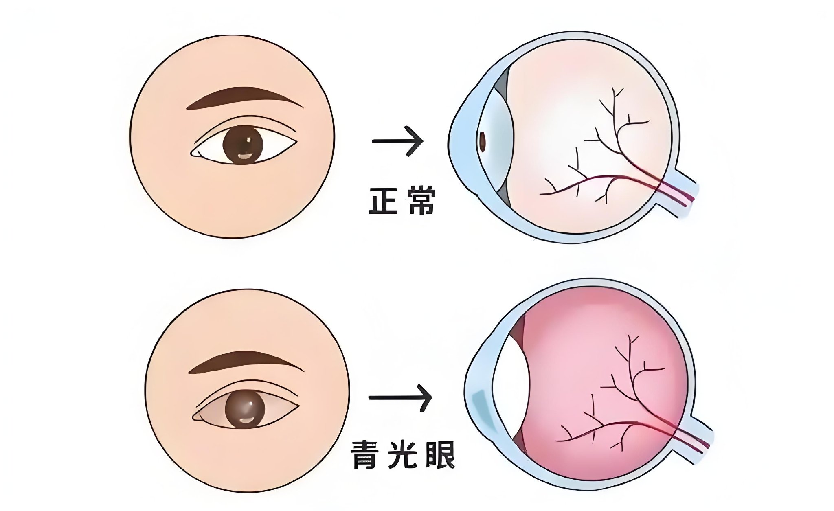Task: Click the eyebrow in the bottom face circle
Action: point(246,362)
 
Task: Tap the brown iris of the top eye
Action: point(243,145)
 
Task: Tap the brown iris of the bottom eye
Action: point(245,409)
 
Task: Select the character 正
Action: point(383,201)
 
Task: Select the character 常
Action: point(421,201)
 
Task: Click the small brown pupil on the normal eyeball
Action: point(483,141)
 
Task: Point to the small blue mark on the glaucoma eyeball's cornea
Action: point(481,407)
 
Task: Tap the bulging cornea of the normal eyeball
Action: point(464,138)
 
